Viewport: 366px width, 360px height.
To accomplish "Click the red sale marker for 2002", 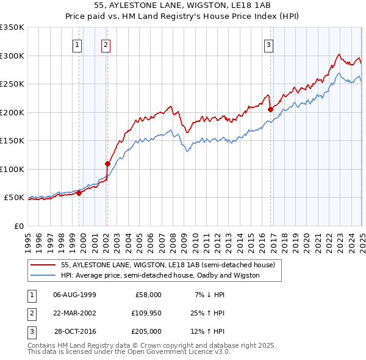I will [x=107, y=164].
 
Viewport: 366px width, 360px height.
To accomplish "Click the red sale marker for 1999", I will [x=79, y=193].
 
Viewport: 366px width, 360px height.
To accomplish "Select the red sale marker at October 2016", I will [x=270, y=109].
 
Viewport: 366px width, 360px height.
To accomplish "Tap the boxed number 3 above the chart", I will [x=268, y=44].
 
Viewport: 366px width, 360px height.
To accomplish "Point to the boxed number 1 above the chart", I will [x=78, y=44].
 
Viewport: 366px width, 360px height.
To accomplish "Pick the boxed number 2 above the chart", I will [x=106, y=44].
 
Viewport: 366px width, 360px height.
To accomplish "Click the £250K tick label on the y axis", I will [x=12, y=84].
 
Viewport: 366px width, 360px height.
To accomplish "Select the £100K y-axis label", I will [x=12, y=169].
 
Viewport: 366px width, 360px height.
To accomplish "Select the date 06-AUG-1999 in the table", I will [x=74, y=295].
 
